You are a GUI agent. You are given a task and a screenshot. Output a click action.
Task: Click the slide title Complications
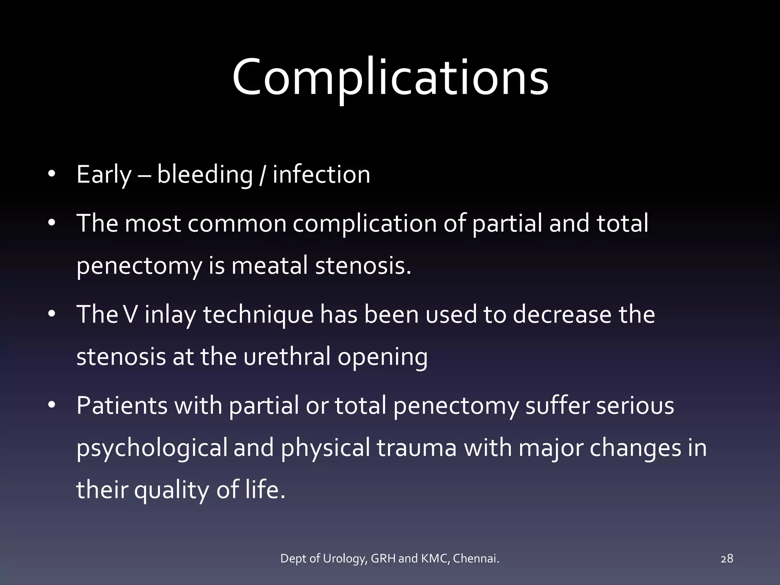coord(390,77)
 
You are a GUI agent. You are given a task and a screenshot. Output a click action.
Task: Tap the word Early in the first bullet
coord(104,175)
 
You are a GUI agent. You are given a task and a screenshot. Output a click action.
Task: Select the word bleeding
coord(205,175)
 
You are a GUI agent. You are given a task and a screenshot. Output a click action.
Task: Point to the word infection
coord(321,175)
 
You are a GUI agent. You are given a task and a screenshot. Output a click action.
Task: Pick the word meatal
coord(269,265)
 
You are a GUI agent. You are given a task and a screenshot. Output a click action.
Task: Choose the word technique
coord(258,315)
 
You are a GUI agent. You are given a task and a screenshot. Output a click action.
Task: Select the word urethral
coord(287,357)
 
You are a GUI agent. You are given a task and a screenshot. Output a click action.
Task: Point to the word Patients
coord(122,405)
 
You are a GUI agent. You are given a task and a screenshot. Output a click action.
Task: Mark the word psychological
coord(152,448)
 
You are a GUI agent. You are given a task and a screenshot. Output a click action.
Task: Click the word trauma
coord(417,448)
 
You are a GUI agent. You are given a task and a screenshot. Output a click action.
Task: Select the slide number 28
coord(727,559)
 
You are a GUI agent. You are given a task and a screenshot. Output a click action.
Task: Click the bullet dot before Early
coord(52,175)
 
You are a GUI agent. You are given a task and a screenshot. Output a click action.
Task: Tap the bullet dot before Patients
coord(52,405)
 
